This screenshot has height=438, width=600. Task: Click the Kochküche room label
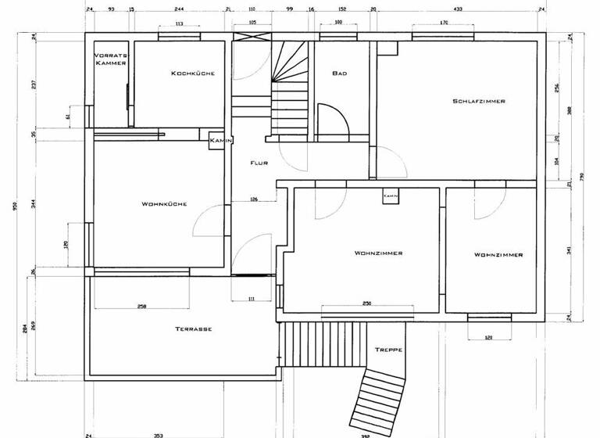192,74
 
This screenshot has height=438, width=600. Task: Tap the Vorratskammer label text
110,59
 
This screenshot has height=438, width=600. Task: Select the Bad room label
339,74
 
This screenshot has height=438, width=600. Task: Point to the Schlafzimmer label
478,101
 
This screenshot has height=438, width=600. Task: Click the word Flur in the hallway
259,163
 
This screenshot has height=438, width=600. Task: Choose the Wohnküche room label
163,204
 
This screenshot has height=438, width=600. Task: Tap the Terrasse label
194,329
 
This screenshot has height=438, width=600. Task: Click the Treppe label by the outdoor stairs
388,350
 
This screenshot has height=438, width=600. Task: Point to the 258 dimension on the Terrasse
142,306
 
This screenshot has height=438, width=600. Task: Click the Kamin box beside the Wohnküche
216,140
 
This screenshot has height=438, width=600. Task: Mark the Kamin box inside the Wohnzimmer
391,196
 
